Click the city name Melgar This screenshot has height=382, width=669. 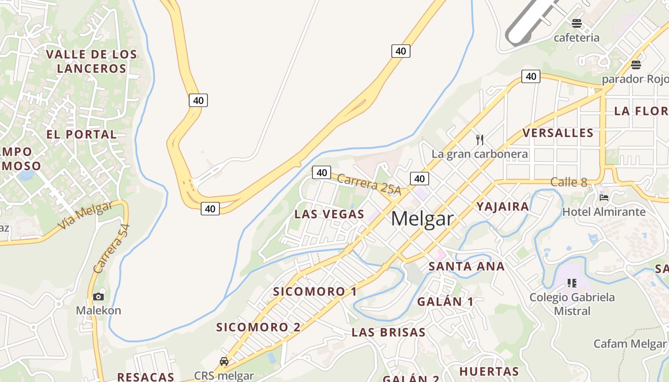[422, 219]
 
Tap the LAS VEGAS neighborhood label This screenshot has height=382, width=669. [329, 214]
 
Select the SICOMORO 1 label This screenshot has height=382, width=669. [315, 291]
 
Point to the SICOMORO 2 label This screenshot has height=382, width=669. [259, 327]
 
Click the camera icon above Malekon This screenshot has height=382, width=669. [98, 297]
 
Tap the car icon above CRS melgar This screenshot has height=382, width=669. [224, 361]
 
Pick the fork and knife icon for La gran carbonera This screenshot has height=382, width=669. [480, 140]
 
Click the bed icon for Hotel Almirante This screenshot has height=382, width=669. [604, 197]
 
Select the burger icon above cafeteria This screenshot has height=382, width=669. [577, 23]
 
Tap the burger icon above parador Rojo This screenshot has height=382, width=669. [636, 64]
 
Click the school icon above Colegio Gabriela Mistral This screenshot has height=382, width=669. [572, 283]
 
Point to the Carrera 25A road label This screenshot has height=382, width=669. [368, 184]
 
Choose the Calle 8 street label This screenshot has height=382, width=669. [568, 182]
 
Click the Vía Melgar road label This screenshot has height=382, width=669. [86, 215]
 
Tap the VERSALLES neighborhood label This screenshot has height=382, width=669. [558, 133]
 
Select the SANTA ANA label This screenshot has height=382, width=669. [466, 266]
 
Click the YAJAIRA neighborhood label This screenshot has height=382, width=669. [503, 206]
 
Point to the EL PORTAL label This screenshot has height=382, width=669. [81, 134]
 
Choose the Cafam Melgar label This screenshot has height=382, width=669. [629, 344]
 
